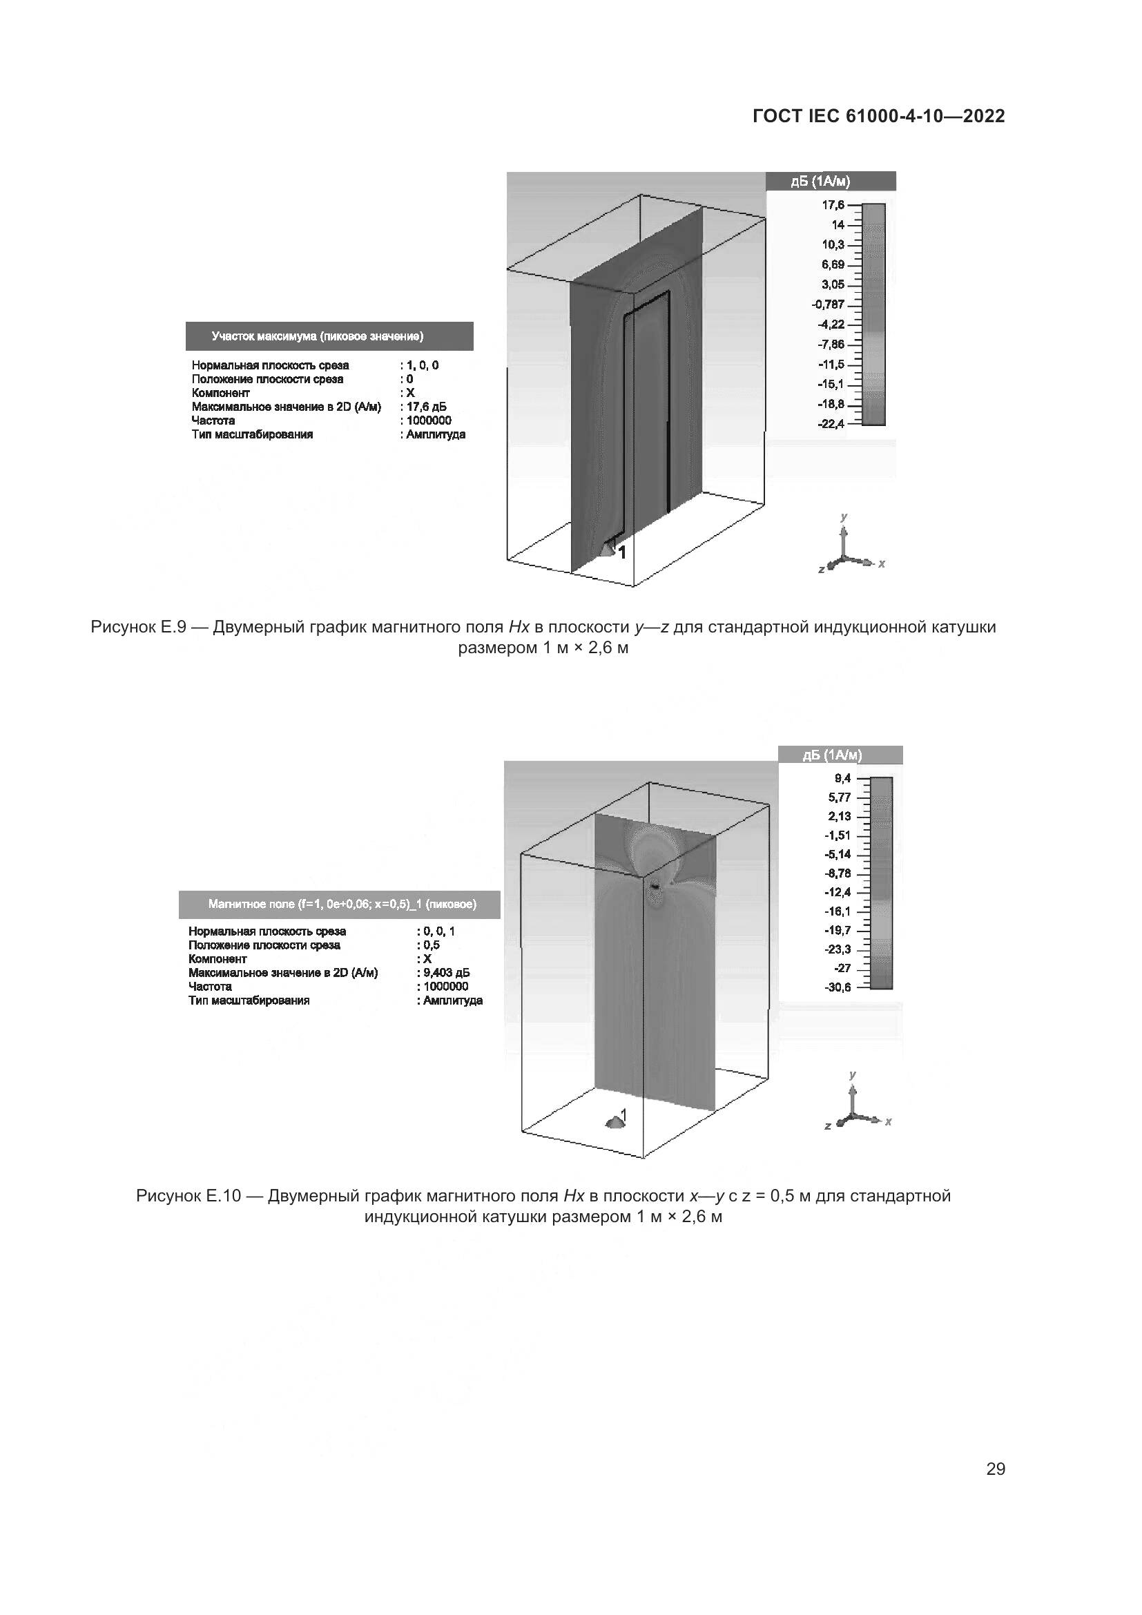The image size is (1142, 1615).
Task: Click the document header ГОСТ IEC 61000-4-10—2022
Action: (878, 116)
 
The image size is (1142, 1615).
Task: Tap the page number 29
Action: (995, 1469)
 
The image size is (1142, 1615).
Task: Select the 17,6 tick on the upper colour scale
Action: (833, 204)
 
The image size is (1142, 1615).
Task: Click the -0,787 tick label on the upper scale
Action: (828, 304)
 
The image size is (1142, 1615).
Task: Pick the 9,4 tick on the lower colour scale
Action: (842, 778)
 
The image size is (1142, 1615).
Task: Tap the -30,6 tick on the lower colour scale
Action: (838, 987)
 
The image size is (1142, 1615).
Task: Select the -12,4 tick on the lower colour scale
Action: (838, 893)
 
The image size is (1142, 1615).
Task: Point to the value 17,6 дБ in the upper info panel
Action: (426, 407)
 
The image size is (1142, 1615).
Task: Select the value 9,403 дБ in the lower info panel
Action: (447, 973)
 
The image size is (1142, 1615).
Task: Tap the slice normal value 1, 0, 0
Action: (423, 365)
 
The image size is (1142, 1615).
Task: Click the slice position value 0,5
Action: (431, 945)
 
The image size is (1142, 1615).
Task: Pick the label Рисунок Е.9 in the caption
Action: (138, 627)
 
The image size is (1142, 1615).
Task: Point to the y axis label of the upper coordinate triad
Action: (844, 517)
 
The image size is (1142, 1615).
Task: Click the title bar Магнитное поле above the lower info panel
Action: (342, 905)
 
